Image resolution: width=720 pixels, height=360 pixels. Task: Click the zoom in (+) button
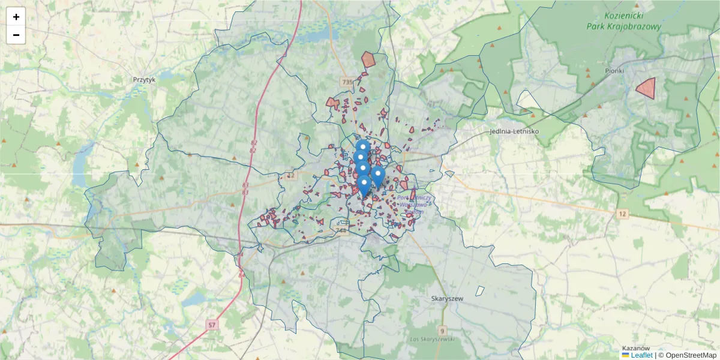(16, 17)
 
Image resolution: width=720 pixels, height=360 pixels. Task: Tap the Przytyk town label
(144, 79)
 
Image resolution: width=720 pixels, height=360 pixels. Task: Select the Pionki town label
(614, 71)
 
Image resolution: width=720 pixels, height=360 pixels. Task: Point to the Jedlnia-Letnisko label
(514, 131)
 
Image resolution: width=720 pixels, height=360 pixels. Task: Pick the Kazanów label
(636, 348)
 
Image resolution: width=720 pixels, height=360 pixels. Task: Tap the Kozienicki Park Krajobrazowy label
(624, 22)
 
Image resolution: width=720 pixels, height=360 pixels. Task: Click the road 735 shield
(346, 82)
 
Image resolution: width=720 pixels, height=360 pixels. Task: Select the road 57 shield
(212, 325)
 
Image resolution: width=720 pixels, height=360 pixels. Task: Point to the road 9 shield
(442, 331)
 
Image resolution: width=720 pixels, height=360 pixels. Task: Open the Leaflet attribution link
(641, 355)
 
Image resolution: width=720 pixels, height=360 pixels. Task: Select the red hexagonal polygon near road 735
(368, 59)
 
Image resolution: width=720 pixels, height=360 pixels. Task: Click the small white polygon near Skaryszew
(480, 290)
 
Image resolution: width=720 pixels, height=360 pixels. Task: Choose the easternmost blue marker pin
(377, 175)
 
